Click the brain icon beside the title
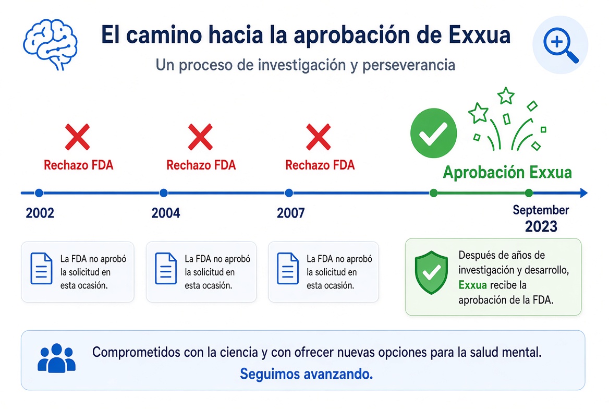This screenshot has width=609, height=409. point(50,44)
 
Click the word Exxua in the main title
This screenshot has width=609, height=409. point(479,35)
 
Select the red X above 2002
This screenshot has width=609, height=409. point(77,137)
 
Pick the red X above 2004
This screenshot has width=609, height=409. point(200,137)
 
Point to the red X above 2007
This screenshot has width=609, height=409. point(318,137)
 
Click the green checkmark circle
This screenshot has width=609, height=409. point(433,133)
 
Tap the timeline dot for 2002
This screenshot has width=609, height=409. point(39,193)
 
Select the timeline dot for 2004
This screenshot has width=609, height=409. point(164,193)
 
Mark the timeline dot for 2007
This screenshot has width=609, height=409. point(288,193)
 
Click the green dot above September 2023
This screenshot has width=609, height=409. point(529,193)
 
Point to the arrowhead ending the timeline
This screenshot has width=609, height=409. point(583,193)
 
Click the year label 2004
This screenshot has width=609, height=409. point(166,213)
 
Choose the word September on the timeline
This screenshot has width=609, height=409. point(541,210)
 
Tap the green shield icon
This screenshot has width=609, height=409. point(431,272)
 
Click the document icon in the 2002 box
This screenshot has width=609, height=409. point(42,268)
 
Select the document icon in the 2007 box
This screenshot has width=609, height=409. point(288,268)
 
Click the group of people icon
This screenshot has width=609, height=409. point(57,358)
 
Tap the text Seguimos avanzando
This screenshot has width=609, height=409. point(307,374)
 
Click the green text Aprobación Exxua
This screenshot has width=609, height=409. point(507,172)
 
